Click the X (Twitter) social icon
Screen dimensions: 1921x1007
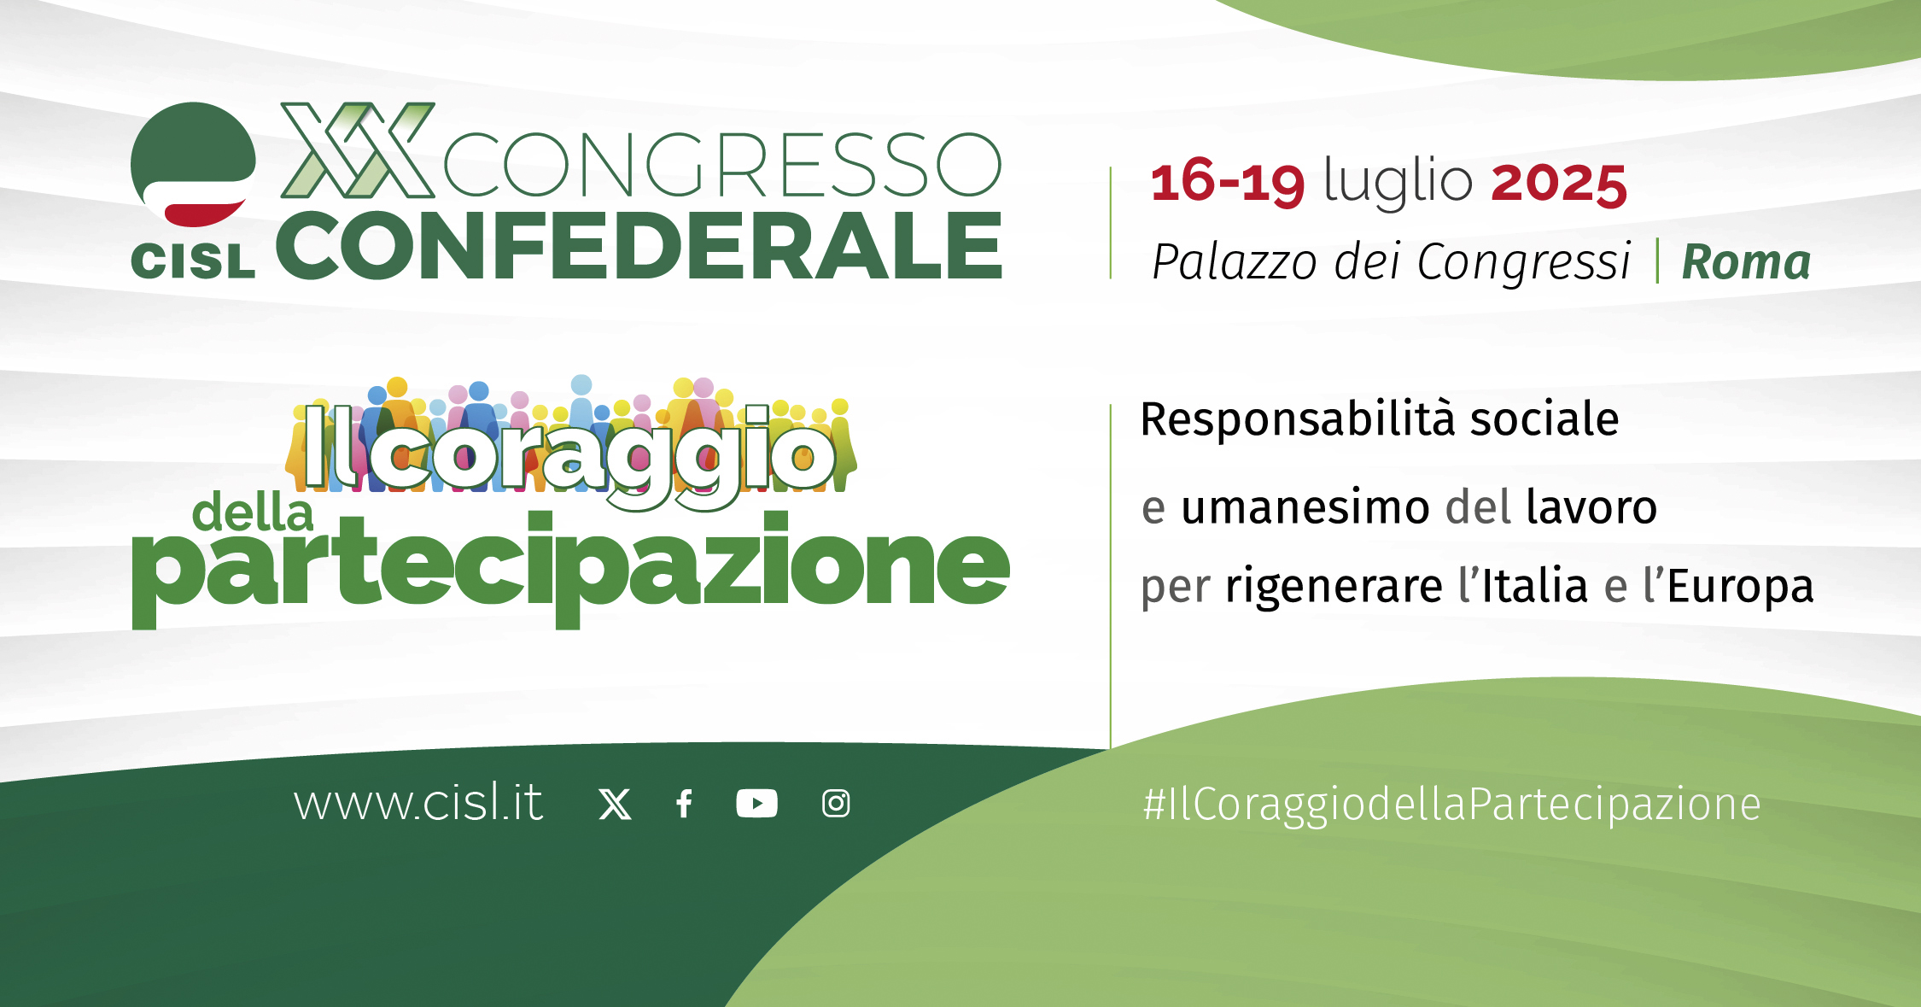click(x=615, y=804)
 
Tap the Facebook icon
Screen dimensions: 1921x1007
click(x=684, y=804)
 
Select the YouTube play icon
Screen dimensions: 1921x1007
click(x=756, y=804)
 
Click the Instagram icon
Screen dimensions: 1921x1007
click(x=836, y=804)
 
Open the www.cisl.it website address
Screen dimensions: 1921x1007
click(x=418, y=802)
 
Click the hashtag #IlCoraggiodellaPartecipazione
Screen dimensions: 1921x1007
click(x=1451, y=805)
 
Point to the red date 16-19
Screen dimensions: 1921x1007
click(x=1228, y=182)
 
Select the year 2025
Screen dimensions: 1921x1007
click(x=1559, y=183)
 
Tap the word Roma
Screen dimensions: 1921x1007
click(x=1746, y=261)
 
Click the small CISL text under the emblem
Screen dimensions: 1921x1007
click(x=193, y=261)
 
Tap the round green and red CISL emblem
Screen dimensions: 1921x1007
click(x=193, y=164)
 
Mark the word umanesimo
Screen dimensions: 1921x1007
click(x=1305, y=507)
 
